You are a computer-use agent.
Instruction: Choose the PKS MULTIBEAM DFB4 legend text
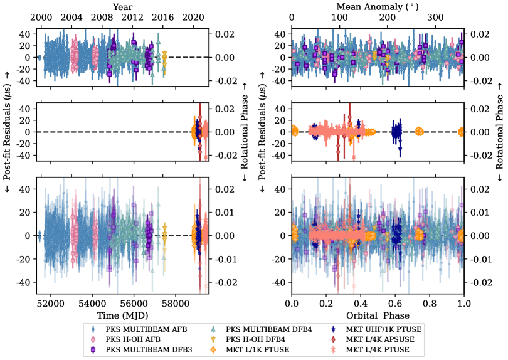(x=268, y=329)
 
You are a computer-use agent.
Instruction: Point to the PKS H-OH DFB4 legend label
(x=258, y=339)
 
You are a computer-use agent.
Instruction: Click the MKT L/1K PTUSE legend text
(x=257, y=349)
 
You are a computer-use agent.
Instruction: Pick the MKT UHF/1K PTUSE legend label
(x=383, y=329)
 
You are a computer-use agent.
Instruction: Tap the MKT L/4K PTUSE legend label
(x=378, y=349)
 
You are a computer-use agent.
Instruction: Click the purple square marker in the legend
(x=93, y=349)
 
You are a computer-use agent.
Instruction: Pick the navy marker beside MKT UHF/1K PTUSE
(x=334, y=329)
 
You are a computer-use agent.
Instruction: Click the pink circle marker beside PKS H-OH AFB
(x=93, y=339)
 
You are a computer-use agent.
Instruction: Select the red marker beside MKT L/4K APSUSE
(x=334, y=339)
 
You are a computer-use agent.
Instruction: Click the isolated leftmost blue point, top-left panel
(x=40, y=58)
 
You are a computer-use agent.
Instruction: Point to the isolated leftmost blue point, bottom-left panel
(x=40, y=236)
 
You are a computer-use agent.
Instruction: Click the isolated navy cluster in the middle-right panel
(x=396, y=132)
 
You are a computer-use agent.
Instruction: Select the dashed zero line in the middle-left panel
(x=113, y=132)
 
